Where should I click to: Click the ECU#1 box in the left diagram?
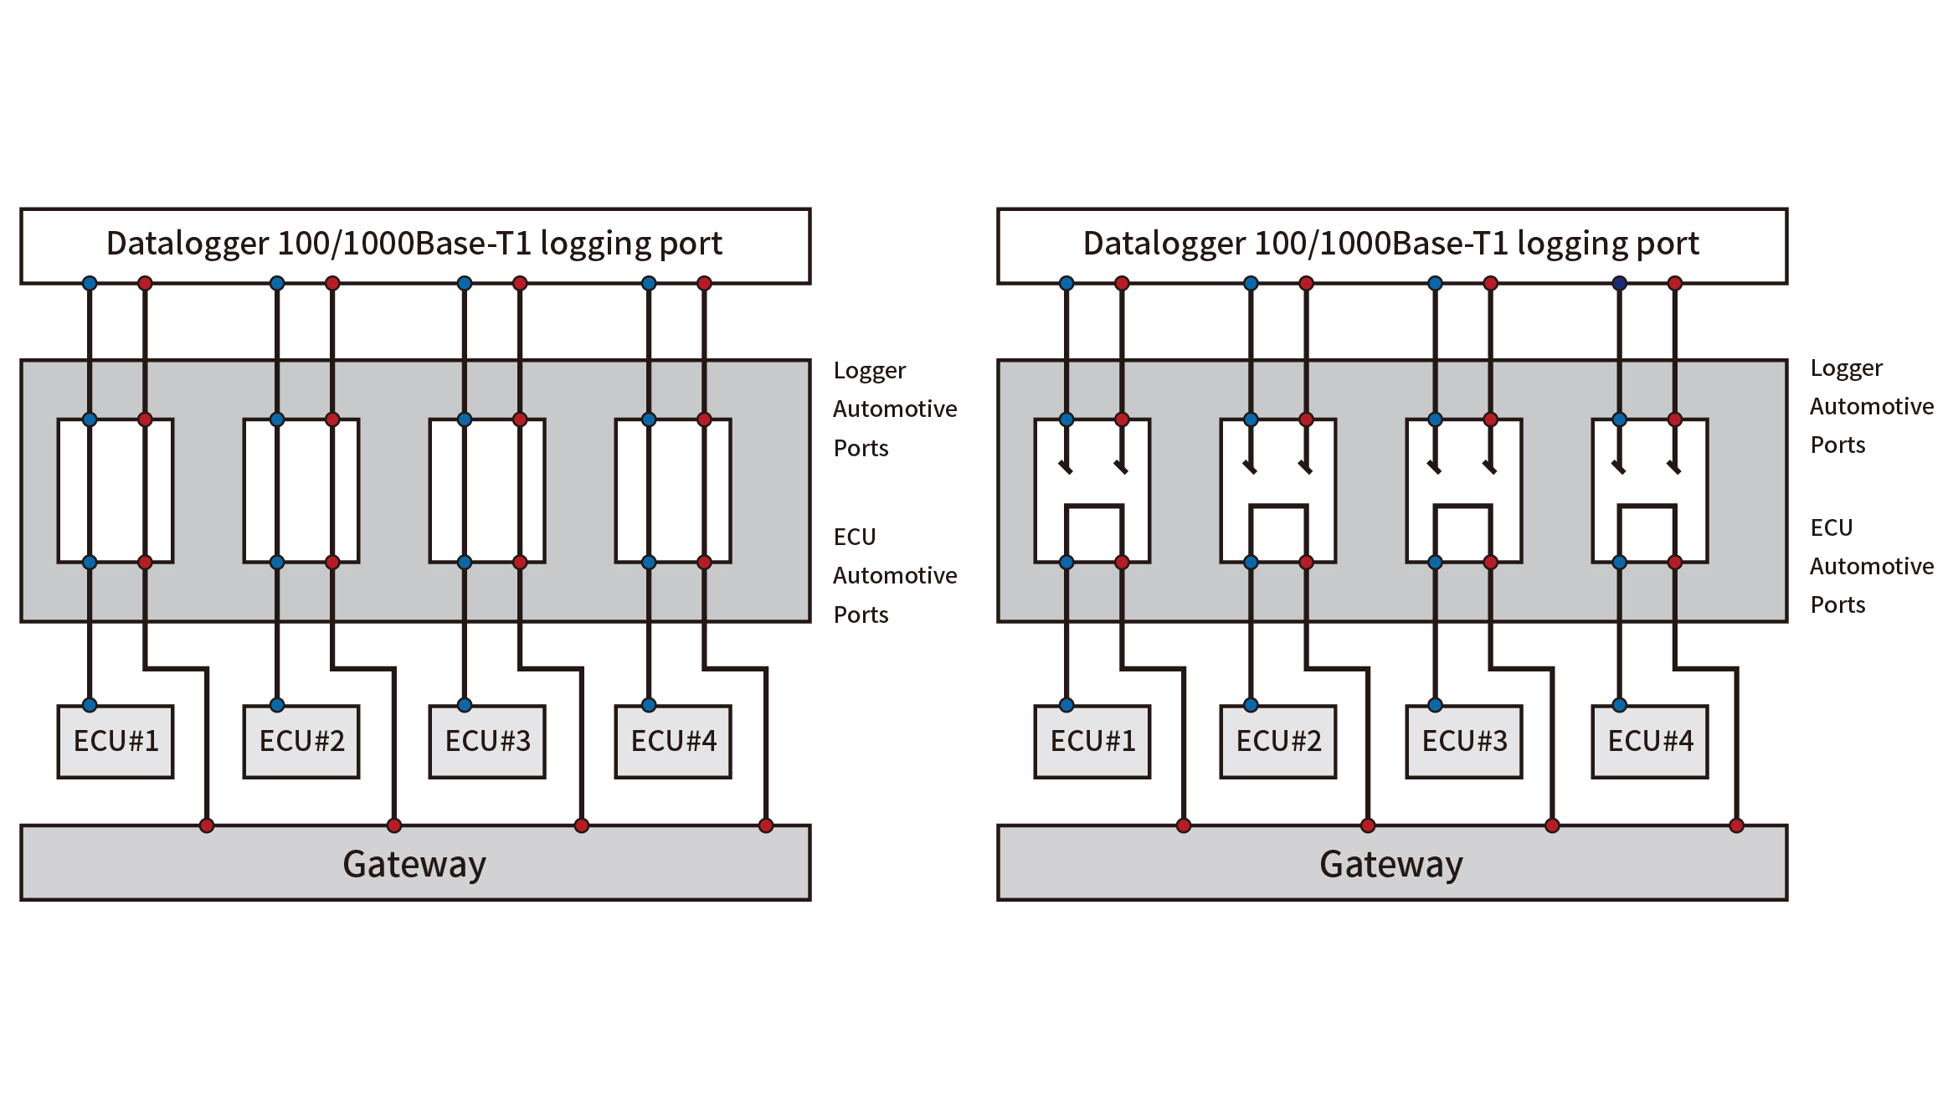(x=116, y=742)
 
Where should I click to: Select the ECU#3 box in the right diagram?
(x=1464, y=742)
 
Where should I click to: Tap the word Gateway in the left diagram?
(x=414, y=864)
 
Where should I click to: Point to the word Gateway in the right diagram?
(x=1391, y=864)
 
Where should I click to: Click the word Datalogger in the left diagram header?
(x=188, y=244)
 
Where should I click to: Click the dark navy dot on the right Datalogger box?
(x=1620, y=284)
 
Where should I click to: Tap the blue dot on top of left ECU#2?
(x=277, y=705)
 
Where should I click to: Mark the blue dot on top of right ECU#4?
(x=1620, y=705)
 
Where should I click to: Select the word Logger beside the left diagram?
(x=870, y=371)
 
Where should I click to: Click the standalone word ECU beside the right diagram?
(x=1832, y=528)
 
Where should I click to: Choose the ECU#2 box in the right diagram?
(x=1278, y=742)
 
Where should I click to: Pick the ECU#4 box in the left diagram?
(x=673, y=742)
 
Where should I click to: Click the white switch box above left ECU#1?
(x=116, y=491)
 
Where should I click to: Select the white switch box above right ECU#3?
(x=1464, y=491)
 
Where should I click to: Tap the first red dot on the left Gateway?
(x=207, y=826)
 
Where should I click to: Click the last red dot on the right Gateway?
(x=1737, y=826)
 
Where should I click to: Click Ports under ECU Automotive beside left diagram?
(x=861, y=615)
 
